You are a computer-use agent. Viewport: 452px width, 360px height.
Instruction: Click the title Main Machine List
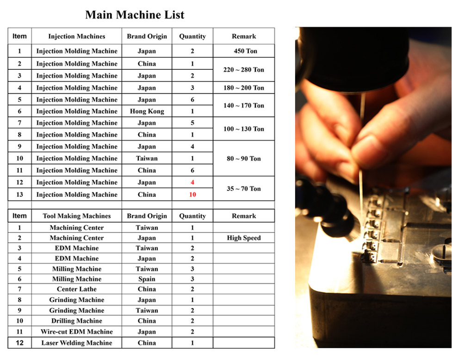(135, 15)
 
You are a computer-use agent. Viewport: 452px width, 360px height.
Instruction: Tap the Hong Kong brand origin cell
(147, 111)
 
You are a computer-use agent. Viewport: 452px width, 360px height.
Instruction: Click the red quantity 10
(192, 195)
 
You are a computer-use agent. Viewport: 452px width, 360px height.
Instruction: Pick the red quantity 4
(192, 182)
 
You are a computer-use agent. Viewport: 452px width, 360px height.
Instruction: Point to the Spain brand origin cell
(147, 279)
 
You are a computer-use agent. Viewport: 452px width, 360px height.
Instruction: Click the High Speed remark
(244, 238)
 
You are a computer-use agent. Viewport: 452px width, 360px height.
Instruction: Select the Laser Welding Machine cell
(77, 343)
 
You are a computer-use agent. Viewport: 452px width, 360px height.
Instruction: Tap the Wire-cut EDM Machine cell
(77, 331)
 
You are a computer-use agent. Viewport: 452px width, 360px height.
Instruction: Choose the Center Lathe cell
(77, 289)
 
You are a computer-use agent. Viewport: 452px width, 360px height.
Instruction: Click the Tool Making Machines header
(77, 216)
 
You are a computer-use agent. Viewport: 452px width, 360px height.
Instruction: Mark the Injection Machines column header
(77, 37)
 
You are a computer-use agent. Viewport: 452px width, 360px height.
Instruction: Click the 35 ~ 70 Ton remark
(244, 189)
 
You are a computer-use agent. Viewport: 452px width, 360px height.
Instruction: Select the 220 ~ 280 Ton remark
(244, 70)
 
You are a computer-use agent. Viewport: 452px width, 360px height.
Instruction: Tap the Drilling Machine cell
(77, 321)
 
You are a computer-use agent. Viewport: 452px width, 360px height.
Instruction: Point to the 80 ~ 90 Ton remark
(244, 159)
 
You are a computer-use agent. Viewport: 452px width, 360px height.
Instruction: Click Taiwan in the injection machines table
(147, 159)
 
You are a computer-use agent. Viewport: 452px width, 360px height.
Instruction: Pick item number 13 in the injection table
(19, 195)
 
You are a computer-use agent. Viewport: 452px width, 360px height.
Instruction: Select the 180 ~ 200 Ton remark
(244, 88)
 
